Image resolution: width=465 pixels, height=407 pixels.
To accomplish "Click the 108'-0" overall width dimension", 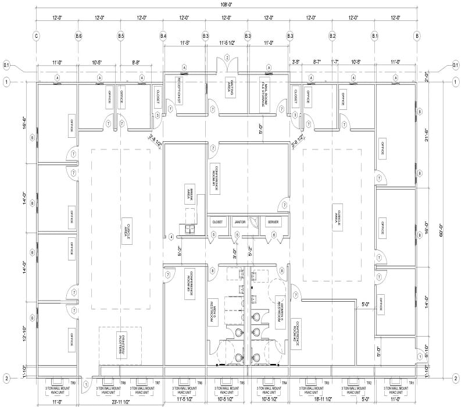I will coord(226,6).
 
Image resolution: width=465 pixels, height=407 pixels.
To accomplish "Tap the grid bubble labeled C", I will coord(37,36).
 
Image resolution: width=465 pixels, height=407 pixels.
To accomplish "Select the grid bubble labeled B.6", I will coord(79,36).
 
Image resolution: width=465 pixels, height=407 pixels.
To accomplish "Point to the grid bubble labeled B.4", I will coord(163,36).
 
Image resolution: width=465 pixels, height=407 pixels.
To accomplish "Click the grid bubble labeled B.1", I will coord(375,36).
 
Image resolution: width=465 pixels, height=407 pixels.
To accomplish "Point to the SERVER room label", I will coord(273,222).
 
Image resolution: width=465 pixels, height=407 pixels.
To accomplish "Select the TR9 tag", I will coord(73,383).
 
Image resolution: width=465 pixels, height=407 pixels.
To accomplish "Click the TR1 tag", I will coord(411,383).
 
